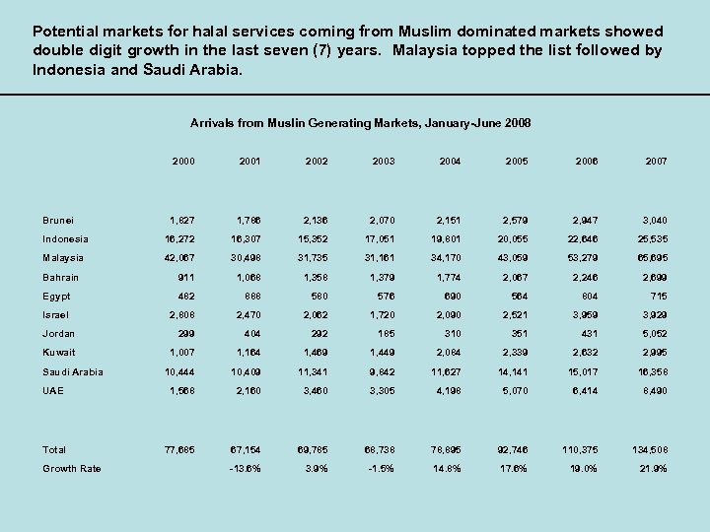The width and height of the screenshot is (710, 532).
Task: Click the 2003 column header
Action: tap(384, 161)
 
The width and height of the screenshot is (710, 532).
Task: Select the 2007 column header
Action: tap(656, 161)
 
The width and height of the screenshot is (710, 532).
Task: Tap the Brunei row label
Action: tap(58, 221)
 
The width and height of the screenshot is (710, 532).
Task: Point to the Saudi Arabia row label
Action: tap(73, 371)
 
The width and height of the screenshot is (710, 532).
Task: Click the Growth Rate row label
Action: tap(72, 468)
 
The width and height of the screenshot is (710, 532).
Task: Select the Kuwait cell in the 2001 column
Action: tap(248, 353)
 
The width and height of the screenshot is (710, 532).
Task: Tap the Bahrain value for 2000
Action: tap(183, 278)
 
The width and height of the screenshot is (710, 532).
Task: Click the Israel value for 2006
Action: tap(585, 315)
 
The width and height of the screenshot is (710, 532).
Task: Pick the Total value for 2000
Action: tap(178, 449)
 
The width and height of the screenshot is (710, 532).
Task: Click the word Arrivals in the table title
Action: tap(212, 123)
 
